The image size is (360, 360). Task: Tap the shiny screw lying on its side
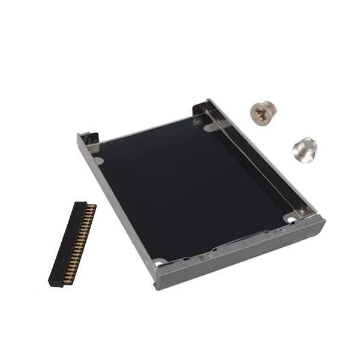[304, 149]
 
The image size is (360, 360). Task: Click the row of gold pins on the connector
[82, 243]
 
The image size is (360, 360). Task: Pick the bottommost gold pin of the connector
[70, 280]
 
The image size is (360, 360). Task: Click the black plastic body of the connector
[65, 243]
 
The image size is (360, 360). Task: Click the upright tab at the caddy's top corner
[202, 110]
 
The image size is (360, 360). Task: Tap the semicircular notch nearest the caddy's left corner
[98, 160]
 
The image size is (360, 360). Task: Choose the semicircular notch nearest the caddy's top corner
[210, 127]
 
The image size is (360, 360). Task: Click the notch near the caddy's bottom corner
[159, 262]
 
